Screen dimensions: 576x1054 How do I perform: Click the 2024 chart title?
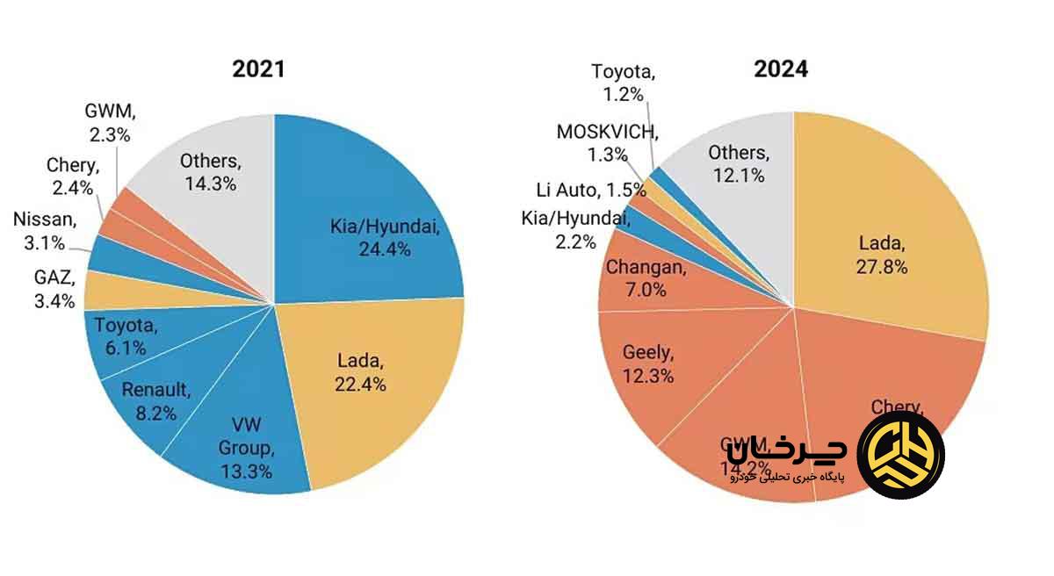[x=781, y=69]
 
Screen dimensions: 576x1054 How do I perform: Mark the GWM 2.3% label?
[x=108, y=124]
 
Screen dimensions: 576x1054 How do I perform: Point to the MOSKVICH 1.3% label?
[x=606, y=143]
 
